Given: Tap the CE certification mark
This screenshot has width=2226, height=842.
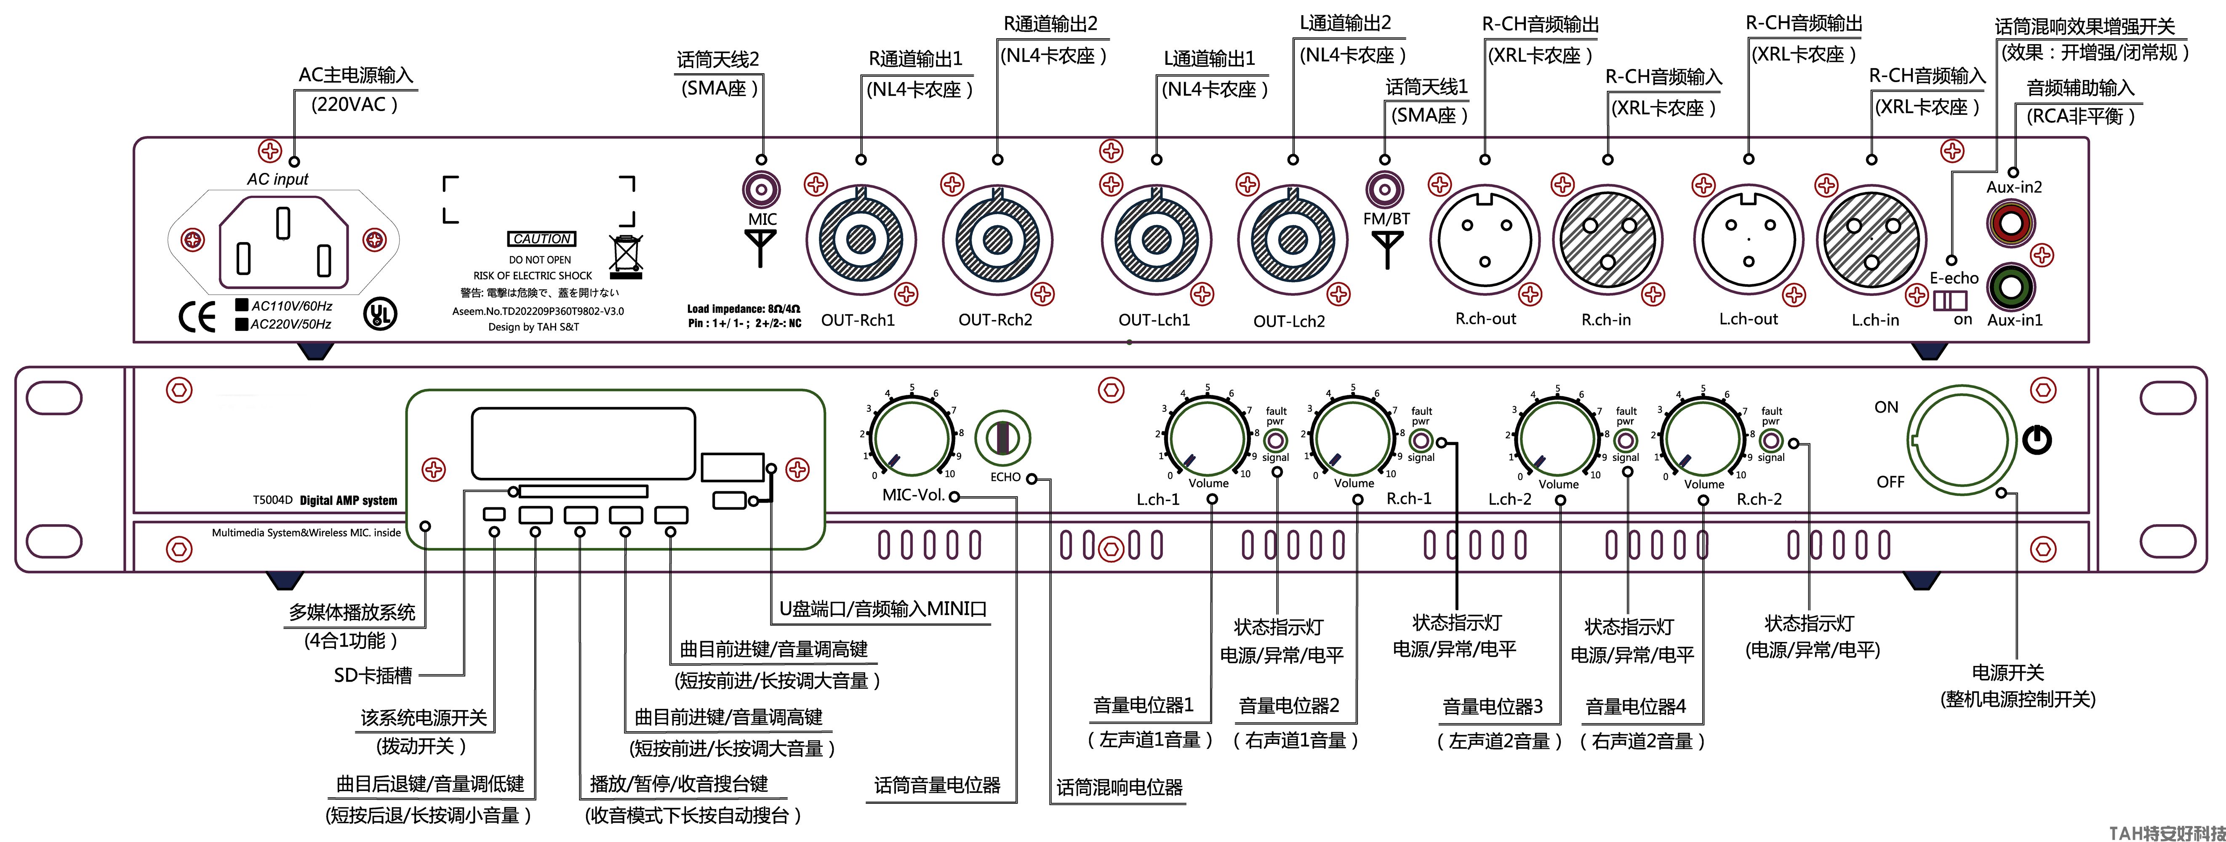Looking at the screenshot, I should [197, 317].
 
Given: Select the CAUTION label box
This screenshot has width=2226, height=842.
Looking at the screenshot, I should [541, 239].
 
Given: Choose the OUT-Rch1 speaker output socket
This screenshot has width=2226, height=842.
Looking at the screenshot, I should [861, 239].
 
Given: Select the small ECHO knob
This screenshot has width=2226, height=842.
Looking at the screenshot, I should [1002, 437].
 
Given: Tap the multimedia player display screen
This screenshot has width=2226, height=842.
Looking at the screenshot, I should [583, 442].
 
